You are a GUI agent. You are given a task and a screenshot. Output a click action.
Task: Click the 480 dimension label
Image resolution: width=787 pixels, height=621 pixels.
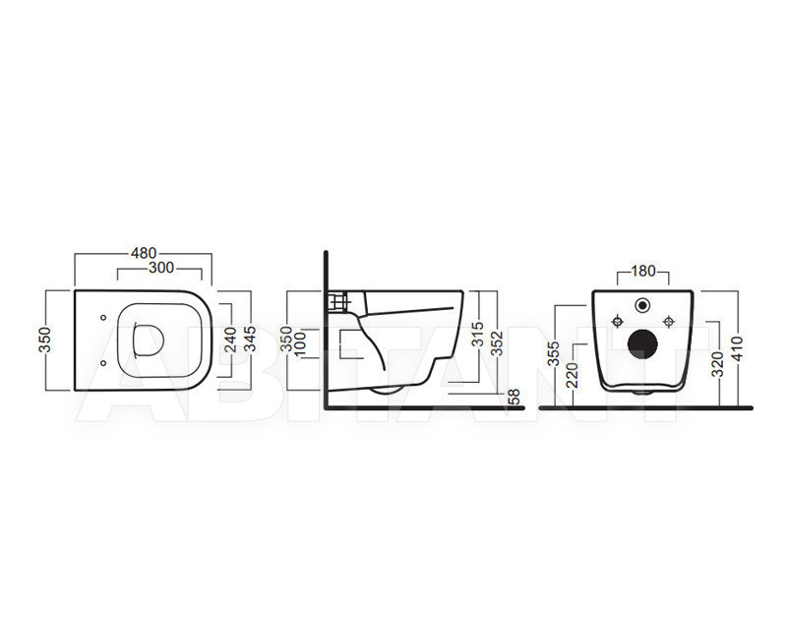[144, 253]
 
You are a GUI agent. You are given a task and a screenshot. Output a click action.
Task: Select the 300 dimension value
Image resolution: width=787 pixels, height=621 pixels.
[161, 268]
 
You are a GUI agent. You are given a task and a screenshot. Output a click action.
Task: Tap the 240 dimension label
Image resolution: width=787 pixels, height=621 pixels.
[230, 340]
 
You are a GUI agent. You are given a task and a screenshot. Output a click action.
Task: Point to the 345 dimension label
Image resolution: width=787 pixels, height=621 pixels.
[250, 339]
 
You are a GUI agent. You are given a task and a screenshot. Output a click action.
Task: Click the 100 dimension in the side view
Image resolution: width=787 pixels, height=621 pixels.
[300, 343]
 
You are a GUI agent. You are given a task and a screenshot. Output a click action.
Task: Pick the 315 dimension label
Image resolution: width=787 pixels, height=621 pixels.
[478, 335]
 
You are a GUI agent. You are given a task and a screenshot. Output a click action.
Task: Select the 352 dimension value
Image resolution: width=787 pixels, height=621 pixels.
[497, 343]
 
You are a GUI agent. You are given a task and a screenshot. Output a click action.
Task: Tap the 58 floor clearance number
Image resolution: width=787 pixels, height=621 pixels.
[514, 397]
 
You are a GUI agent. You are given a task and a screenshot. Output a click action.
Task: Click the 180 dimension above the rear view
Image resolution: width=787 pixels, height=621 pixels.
[643, 271]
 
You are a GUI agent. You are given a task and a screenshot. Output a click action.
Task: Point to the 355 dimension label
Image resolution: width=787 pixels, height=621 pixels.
[553, 353]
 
